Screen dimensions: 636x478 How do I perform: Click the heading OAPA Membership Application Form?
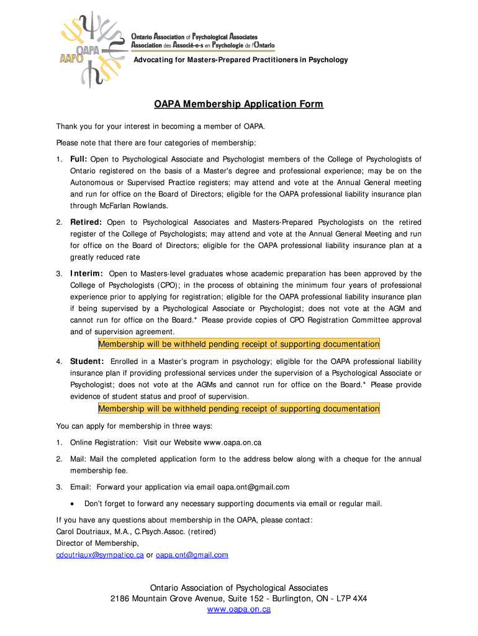pyautogui.click(x=239, y=104)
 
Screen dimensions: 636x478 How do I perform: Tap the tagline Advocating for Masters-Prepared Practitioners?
pyautogui.click(x=241, y=60)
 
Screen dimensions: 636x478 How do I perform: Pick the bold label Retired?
pyautogui.click(x=86, y=222)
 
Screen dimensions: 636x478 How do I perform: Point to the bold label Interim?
pyautogui.click(x=87, y=274)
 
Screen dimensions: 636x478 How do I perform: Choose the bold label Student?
pyautogui.click(x=87, y=361)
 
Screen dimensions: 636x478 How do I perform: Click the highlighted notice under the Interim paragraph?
pyautogui.click(x=239, y=344)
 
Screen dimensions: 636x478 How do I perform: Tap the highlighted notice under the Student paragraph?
pyautogui.click(x=239, y=409)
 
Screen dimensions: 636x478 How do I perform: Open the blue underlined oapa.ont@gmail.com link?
pyautogui.click(x=192, y=555)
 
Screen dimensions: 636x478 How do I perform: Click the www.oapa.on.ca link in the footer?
pyautogui.click(x=238, y=610)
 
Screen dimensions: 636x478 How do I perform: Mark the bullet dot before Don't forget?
pyautogui.click(x=73, y=504)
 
